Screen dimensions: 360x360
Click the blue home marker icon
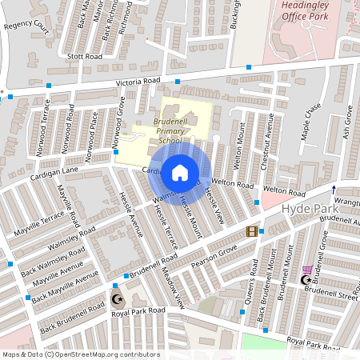coord(179,172)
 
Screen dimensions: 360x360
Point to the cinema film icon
coord(252,231)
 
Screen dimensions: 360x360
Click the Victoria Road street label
coord(138,82)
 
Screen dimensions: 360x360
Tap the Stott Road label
coord(85,57)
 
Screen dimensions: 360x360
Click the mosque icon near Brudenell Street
coord(305,280)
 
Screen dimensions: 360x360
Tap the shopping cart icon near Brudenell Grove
coord(307,269)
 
